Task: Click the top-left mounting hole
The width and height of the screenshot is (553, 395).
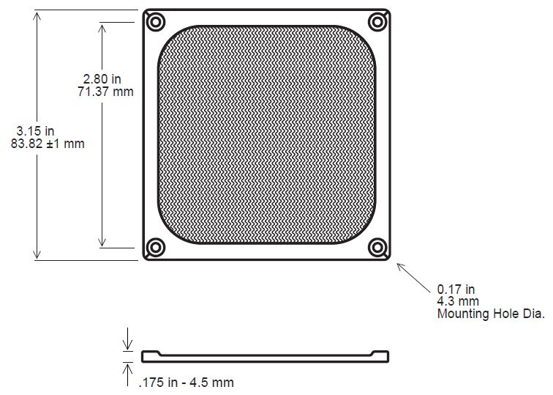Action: (156, 22)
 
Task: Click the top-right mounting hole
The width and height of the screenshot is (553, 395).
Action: (377, 22)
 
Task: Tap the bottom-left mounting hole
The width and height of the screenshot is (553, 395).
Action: (156, 247)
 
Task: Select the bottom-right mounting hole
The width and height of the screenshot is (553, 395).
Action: (377, 247)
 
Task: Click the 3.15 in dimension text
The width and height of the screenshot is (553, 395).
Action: (35, 131)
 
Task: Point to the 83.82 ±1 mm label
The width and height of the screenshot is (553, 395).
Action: (48, 144)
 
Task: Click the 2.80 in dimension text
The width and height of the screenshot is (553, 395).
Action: (102, 79)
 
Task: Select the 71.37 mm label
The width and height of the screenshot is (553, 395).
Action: (105, 92)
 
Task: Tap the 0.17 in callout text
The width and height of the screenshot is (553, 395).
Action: (456, 289)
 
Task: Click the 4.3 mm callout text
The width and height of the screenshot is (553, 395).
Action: (458, 301)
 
